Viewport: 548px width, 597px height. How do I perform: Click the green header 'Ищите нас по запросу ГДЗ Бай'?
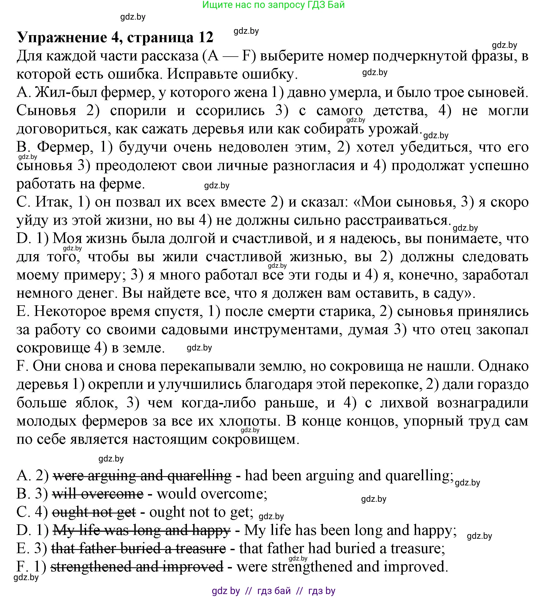(x=273, y=5)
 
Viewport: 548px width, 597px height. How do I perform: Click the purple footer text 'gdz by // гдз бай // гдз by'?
(x=273, y=591)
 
